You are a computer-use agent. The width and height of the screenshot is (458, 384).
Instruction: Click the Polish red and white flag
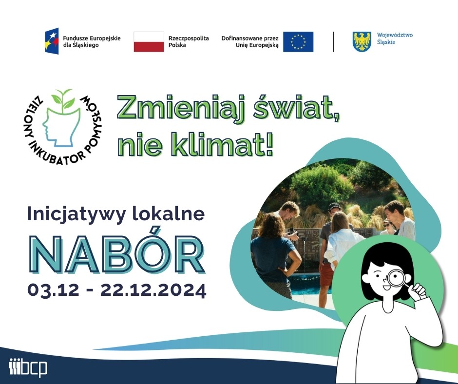[149, 42]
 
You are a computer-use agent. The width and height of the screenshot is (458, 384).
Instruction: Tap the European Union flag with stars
[298, 42]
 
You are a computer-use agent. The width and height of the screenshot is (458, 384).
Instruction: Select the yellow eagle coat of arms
[362, 41]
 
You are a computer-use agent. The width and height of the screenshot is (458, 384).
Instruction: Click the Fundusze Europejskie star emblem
[52, 40]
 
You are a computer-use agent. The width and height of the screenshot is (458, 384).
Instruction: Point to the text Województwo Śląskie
[395, 38]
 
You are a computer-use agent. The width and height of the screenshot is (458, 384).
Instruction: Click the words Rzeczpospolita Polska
[189, 41]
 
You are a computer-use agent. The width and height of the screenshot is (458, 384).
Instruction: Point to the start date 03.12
[53, 290]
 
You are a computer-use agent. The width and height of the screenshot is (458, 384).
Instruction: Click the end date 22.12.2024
[153, 290]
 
